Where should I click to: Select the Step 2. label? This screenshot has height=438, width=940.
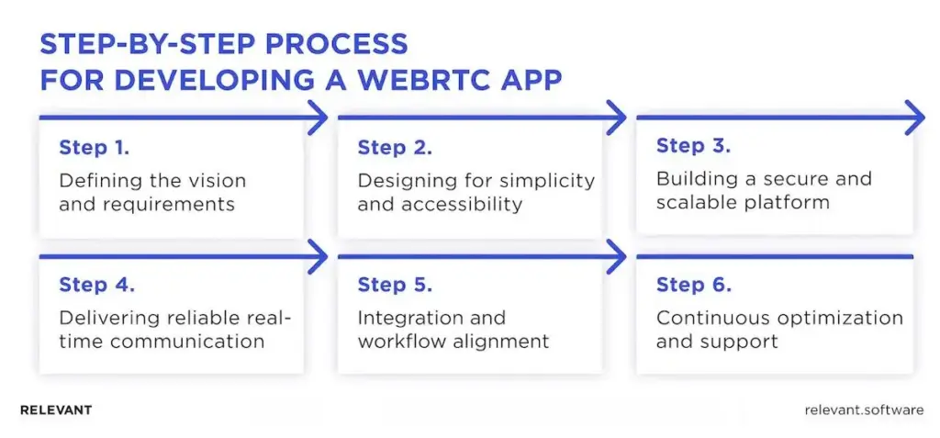(395, 148)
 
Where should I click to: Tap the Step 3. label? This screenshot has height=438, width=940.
(694, 146)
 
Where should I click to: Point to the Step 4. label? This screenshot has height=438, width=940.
(96, 285)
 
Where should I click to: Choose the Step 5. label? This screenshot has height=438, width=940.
(395, 285)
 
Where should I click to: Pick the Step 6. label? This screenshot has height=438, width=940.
(694, 285)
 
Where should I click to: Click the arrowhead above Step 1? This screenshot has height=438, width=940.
(318, 118)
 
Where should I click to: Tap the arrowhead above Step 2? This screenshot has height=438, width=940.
(617, 118)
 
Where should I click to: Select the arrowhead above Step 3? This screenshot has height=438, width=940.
(915, 118)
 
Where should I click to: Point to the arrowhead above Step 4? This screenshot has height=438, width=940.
(318, 257)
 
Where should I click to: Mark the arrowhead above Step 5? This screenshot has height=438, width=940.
(617, 257)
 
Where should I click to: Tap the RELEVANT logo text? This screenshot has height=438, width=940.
(55, 410)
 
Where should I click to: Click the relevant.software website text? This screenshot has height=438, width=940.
(861, 410)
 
